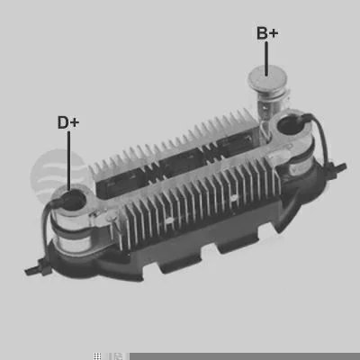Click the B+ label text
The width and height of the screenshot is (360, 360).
(x=267, y=33)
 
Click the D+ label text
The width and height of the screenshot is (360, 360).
(x=68, y=122)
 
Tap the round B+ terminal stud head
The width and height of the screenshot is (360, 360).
(x=267, y=79)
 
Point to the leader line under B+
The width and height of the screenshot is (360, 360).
(x=266, y=58)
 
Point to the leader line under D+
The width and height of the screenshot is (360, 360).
(x=69, y=161)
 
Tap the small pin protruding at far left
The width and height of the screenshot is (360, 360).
(x=36, y=269)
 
